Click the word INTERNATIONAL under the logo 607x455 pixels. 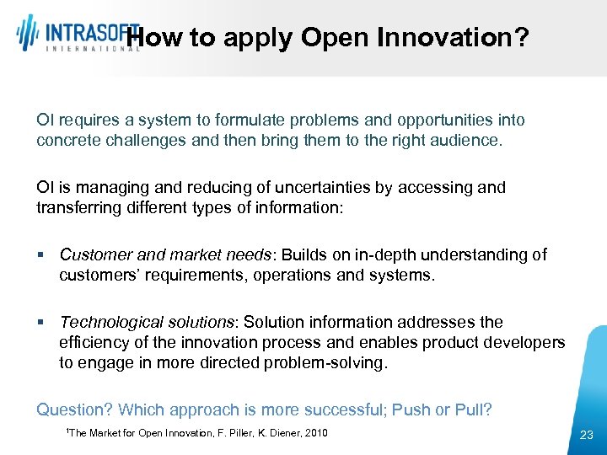pos(94,49)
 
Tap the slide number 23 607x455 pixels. pos(587,435)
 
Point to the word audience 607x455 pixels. pos(467,141)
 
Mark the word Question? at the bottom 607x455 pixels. pos(74,409)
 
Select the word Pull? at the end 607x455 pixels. pos(473,409)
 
